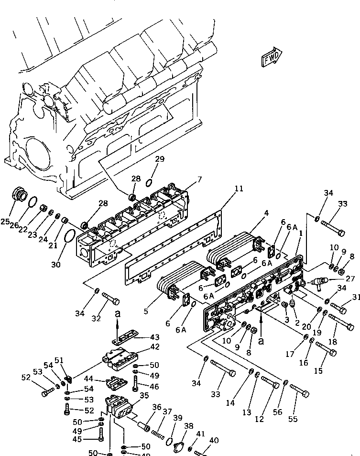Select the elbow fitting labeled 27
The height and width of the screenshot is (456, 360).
click(315, 281)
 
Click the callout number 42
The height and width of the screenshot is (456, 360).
click(155, 347)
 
